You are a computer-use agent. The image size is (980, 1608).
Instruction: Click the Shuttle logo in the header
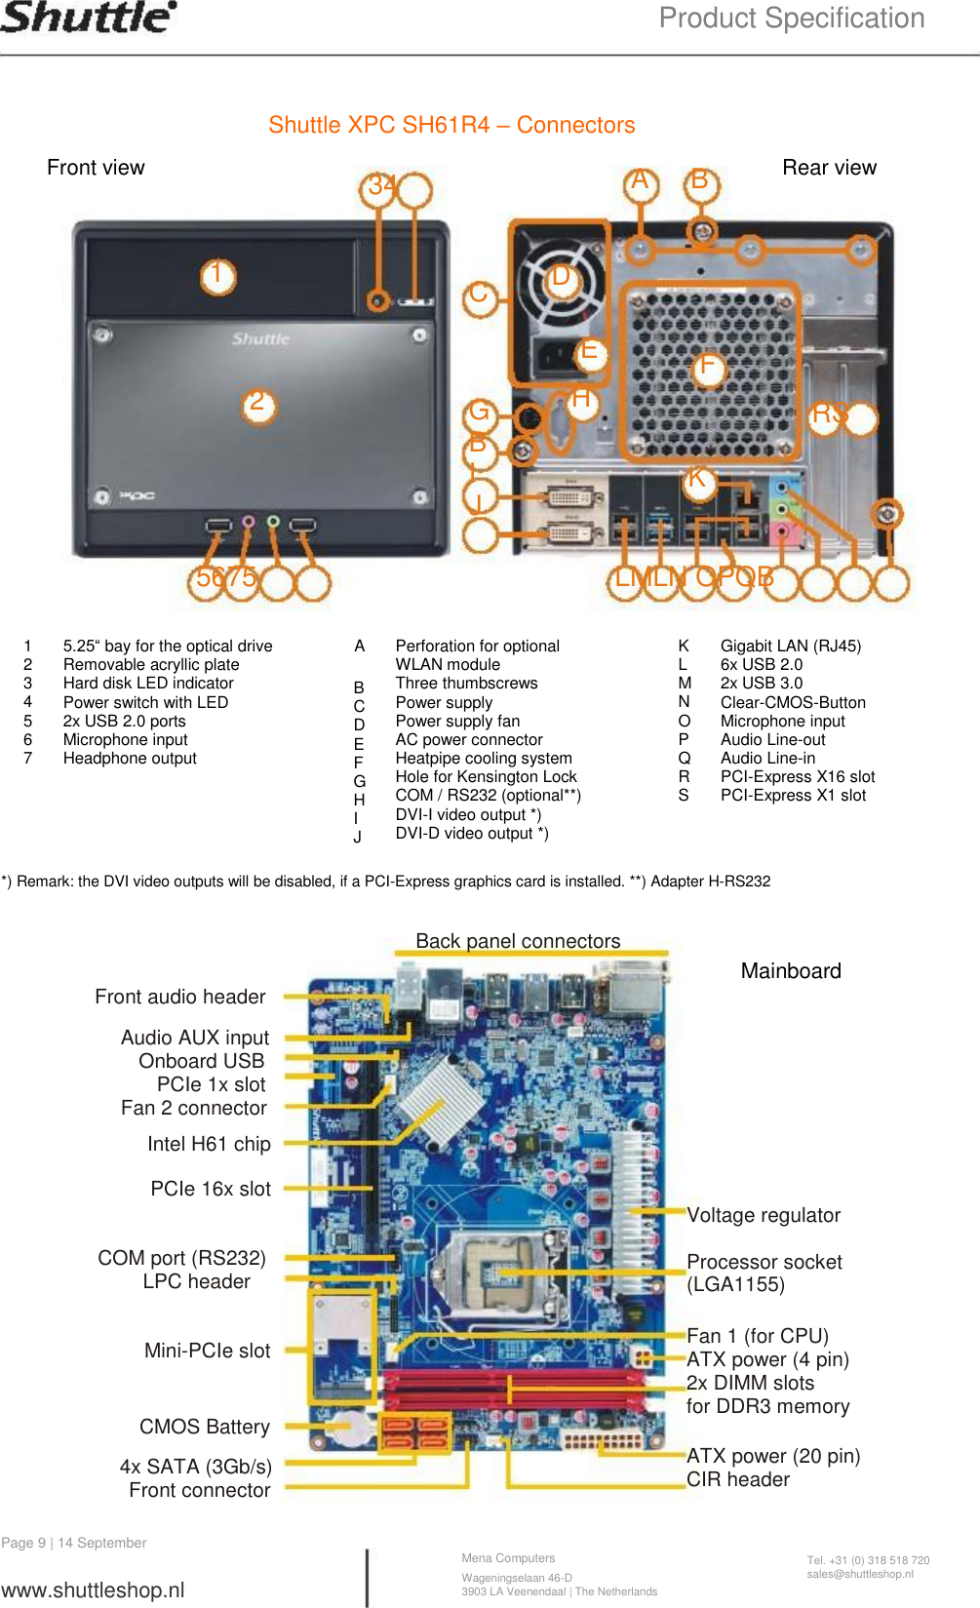[x=88, y=17]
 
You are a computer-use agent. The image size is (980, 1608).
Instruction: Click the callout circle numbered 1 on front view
[x=217, y=276]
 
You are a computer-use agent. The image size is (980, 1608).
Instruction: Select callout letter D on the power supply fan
[x=561, y=277]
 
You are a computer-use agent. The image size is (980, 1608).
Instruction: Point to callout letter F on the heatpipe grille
[x=707, y=368]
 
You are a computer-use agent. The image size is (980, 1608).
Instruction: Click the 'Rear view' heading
[x=829, y=168]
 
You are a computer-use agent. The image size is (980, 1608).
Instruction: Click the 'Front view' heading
[x=96, y=168]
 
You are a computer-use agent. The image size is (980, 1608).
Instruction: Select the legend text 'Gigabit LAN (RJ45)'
[x=790, y=646]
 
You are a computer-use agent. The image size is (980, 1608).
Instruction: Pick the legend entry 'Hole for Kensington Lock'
[x=486, y=776]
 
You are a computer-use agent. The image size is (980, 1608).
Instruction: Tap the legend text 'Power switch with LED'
[x=145, y=702]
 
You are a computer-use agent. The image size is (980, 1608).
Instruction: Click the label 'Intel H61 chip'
[x=209, y=1144]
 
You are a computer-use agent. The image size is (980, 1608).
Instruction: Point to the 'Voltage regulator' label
[x=764, y=1215]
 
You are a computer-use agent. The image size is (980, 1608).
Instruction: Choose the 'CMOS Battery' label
[x=204, y=1427]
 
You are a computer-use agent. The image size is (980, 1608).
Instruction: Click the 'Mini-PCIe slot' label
[x=207, y=1351]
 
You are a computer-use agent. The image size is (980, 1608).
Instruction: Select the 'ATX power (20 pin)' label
[x=773, y=1456]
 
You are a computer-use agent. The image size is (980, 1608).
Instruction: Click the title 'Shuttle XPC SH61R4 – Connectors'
[x=451, y=125]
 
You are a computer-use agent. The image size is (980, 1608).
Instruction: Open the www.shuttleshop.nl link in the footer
[x=93, y=1589]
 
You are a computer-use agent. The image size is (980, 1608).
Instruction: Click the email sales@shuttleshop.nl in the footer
[x=860, y=1574]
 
